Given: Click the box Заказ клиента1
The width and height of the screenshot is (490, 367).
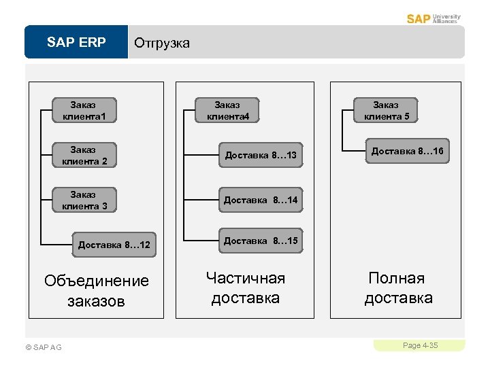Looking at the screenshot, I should coord(84,111).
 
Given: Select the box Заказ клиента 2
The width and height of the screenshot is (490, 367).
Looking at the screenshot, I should coord(84,155).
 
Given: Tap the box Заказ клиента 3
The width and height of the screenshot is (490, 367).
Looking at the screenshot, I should coord(84,200).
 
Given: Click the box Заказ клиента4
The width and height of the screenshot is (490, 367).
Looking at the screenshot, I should coord(227,111).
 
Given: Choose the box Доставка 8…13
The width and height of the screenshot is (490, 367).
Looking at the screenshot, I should coord(261,156).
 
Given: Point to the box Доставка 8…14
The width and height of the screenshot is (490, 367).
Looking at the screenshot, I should coord(261,200).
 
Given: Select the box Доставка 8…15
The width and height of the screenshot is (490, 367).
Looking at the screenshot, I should coord(261,241).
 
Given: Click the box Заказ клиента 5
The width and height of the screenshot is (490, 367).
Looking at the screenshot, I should coord(387,110).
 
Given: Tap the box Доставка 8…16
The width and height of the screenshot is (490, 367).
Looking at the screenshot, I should coord(407,151).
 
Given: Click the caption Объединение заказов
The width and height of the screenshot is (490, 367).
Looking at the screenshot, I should coord(96,290).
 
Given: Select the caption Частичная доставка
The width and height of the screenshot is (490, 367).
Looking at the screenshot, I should coord(246,287).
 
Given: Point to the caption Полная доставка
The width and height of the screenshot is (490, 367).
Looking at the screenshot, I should coord(398,287).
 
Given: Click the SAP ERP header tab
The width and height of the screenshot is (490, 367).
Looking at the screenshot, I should coord(76,42).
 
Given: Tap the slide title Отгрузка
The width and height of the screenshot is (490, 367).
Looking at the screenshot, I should coord(162,43).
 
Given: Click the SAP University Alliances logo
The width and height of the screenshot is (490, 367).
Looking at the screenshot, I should coord(434,18).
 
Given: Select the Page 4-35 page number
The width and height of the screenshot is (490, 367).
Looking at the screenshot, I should coord(420,345).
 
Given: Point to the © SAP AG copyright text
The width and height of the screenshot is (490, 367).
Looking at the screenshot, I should coord(43,347).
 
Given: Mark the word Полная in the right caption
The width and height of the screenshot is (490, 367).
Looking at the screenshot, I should coord(397,278).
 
